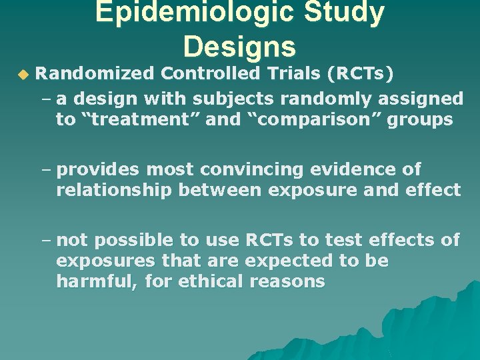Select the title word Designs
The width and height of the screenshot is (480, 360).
[x=239, y=46]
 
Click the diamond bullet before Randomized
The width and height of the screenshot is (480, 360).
[x=24, y=73]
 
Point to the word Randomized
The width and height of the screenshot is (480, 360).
[x=94, y=72]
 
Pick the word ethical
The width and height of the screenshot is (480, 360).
[x=213, y=281]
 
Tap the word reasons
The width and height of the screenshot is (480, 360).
[x=287, y=282]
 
